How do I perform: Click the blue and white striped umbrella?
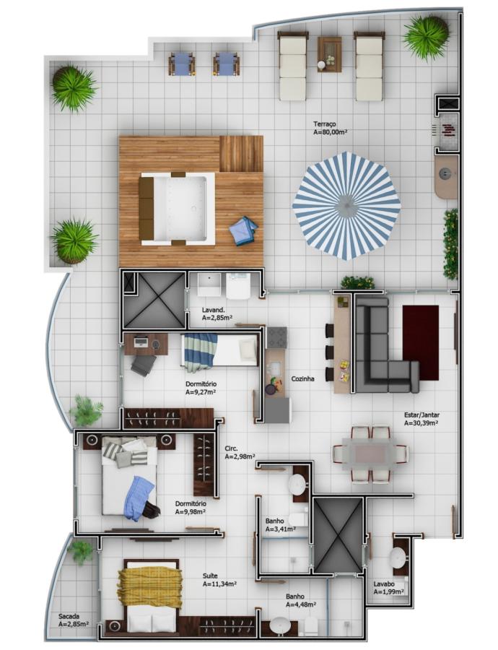(x=346, y=206)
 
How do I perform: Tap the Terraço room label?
(x=324, y=124)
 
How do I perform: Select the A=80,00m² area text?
(x=331, y=132)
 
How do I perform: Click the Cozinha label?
(x=303, y=378)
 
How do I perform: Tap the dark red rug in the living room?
(x=421, y=342)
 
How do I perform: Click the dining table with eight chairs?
(x=371, y=454)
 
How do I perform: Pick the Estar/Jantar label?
(x=421, y=415)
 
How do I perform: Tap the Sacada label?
(x=69, y=617)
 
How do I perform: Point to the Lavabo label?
(x=384, y=584)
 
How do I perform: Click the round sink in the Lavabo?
(x=401, y=557)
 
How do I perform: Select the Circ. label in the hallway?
(x=231, y=448)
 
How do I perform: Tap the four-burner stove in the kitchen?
(x=276, y=337)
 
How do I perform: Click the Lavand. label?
(x=214, y=310)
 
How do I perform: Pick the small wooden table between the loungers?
(x=329, y=54)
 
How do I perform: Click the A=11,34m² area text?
(x=219, y=584)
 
